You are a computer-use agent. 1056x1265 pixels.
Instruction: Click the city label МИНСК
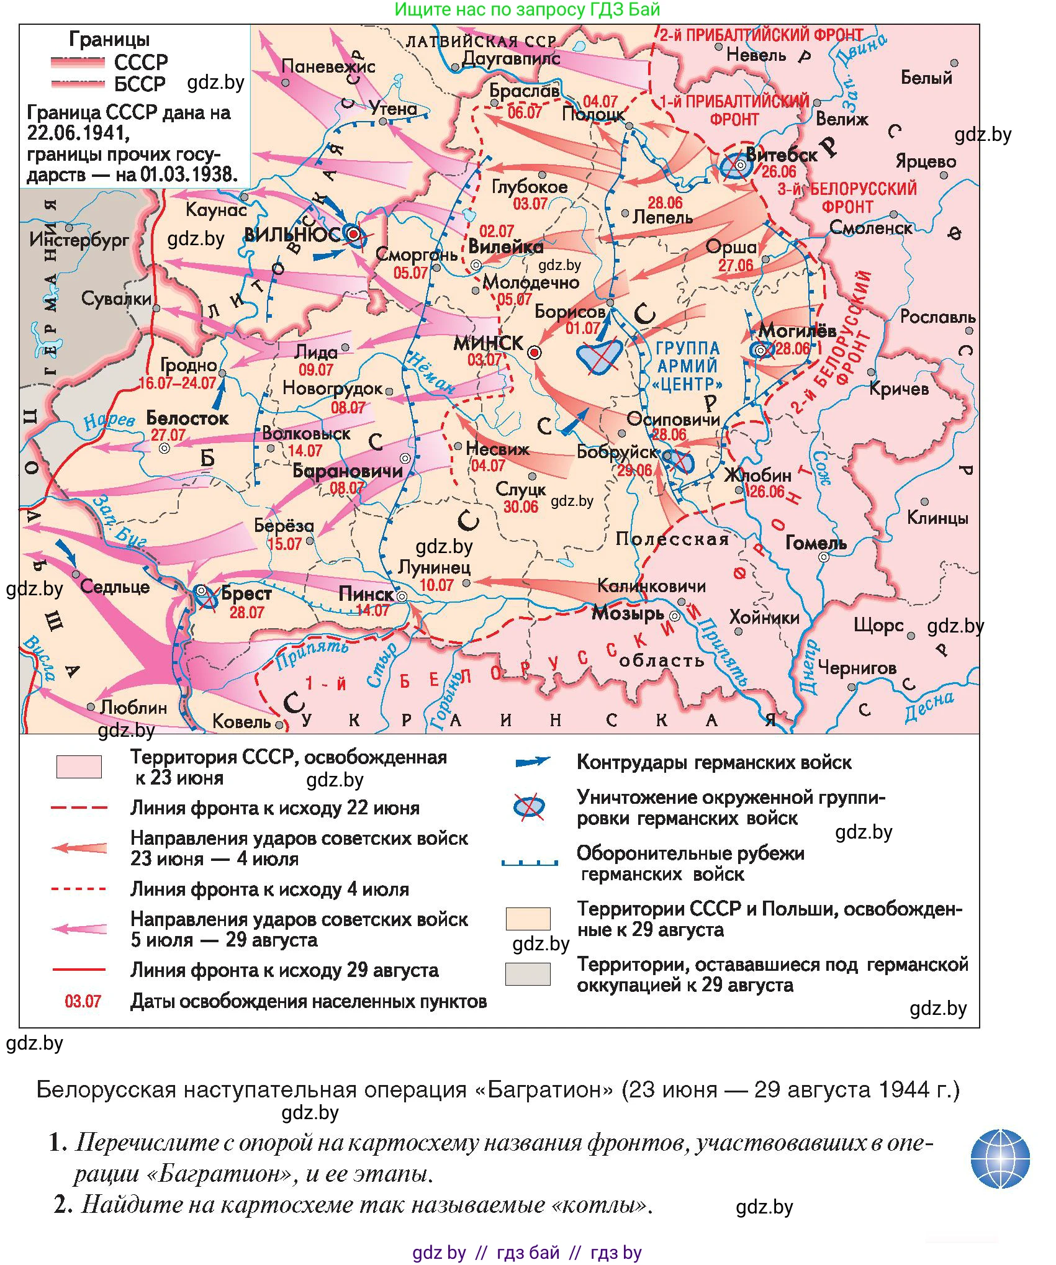coord(488,343)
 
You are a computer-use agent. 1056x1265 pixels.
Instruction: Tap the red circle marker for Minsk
coord(534,353)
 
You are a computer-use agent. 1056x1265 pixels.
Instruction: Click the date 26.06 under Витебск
coord(778,172)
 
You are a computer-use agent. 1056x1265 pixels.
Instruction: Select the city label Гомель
coord(816,543)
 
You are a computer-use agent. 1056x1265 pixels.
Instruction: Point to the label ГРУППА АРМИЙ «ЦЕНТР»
coord(687,366)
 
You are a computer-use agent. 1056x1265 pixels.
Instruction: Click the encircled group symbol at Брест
coord(202,591)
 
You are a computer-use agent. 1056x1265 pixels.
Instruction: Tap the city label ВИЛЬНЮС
coord(292,235)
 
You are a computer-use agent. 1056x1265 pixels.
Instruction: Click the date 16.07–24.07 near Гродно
coord(178,383)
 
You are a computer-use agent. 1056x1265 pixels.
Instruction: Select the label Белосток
coord(187,418)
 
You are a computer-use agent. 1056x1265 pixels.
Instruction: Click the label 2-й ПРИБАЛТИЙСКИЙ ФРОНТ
coord(761,35)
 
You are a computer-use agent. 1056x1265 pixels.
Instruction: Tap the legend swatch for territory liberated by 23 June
coord(79,767)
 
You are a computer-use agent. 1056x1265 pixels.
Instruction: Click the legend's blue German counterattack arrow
coord(532,762)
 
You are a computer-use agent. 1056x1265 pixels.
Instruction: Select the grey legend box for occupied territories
coord(528,974)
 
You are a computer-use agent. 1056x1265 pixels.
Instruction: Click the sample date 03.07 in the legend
coord(83,1001)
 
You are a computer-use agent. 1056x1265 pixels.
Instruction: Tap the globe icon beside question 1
coord(1000,1158)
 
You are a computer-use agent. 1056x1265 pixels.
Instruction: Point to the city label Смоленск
coord(870,228)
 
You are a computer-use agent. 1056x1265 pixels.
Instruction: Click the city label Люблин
coord(133,707)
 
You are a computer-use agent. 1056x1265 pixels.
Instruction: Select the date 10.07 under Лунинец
coord(436,585)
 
